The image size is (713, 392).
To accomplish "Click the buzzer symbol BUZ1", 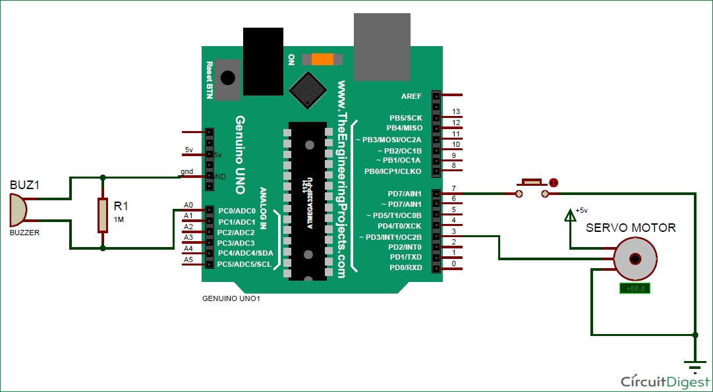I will tap(19, 209).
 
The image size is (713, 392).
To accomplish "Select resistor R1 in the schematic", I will tap(102, 215).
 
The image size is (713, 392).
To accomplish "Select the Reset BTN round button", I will tap(227, 78).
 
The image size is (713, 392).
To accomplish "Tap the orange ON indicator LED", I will tap(322, 59).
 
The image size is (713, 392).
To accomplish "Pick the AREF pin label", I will tap(411, 96).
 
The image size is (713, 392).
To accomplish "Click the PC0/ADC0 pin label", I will tap(237, 211).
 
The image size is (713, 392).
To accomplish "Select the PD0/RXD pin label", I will tap(406, 267).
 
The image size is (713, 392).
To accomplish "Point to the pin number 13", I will tap(455, 112).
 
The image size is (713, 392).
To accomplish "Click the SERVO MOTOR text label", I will tap(631, 228).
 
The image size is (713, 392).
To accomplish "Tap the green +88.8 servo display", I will tap(635, 289).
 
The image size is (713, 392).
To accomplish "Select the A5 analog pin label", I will tap(188, 260).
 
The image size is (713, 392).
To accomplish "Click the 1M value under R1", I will tap(119, 219).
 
